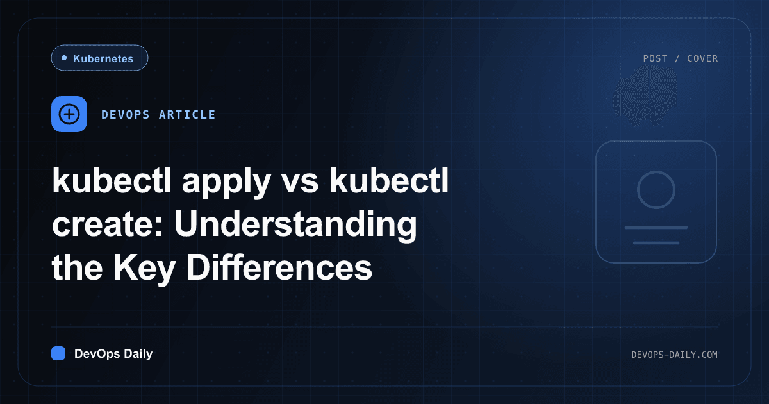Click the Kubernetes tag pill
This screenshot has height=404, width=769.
(x=99, y=58)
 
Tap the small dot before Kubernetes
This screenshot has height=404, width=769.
(x=64, y=58)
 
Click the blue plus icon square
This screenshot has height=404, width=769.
(x=69, y=114)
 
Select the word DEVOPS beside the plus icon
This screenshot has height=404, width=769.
(x=126, y=115)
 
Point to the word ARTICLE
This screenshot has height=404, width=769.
(x=187, y=115)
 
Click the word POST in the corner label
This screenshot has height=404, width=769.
(x=655, y=58)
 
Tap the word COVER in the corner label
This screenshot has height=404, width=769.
(x=702, y=58)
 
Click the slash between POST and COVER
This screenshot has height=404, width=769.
(x=677, y=58)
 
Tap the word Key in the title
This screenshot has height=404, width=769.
(x=145, y=269)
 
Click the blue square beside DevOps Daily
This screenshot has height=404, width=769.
(x=58, y=353)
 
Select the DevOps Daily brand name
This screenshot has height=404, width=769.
(x=113, y=354)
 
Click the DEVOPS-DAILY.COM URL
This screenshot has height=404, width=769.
(x=674, y=355)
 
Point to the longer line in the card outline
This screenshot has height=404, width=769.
(x=656, y=228)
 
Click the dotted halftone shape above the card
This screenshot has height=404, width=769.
(x=645, y=96)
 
